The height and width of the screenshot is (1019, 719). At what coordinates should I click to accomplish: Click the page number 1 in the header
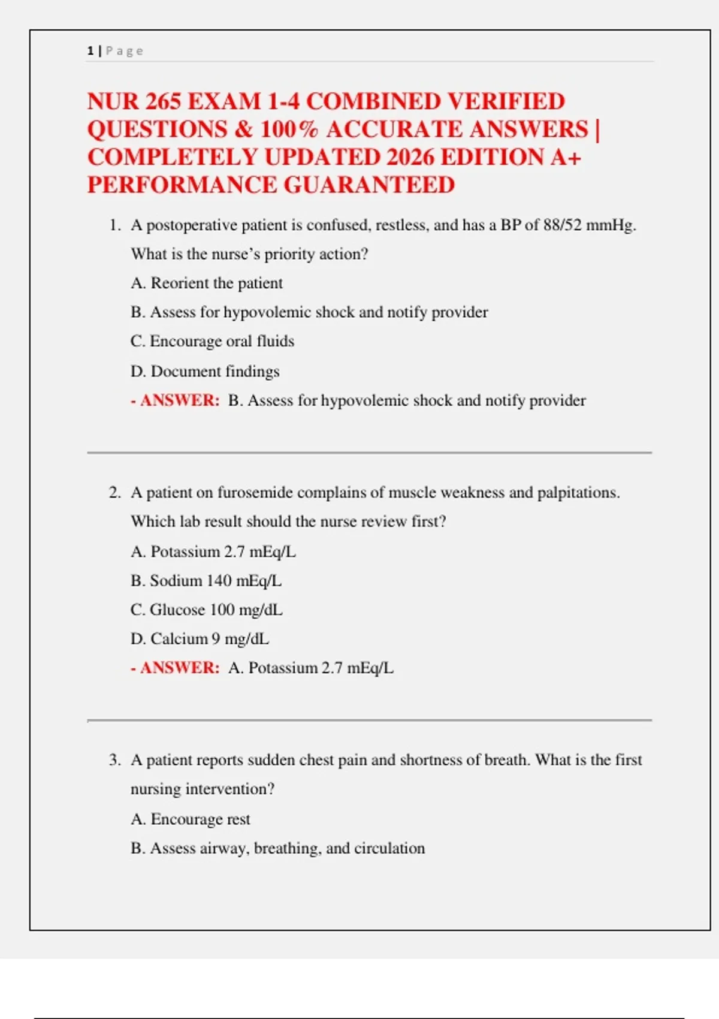click(x=90, y=51)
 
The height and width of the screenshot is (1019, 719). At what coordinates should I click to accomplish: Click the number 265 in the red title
click(x=163, y=101)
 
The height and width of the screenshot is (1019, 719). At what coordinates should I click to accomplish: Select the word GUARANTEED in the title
click(x=369, y=185)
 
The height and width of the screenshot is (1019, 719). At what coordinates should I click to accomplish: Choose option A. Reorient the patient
click(x=207, y=283)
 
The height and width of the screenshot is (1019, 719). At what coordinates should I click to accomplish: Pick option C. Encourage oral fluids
click(x=213, y=341)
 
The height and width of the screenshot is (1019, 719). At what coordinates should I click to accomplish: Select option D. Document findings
click(x=205, y=372)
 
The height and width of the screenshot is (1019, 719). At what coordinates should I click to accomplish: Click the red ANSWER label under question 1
click(x=180, y=400)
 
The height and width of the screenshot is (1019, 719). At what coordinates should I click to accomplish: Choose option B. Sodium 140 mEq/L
click(x=206, y=581)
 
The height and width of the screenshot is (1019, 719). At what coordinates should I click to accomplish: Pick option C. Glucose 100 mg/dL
click(x=207, y=610)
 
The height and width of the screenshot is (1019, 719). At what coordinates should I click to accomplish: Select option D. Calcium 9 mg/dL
click(x=200, y=639)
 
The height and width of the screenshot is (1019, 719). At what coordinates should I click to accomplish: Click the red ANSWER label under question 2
click(x=180, y=668)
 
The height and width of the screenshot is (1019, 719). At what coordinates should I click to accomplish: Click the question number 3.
click(x=114, y=760)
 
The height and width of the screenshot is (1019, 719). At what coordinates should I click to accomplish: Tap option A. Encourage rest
click(x=191, y=819)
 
